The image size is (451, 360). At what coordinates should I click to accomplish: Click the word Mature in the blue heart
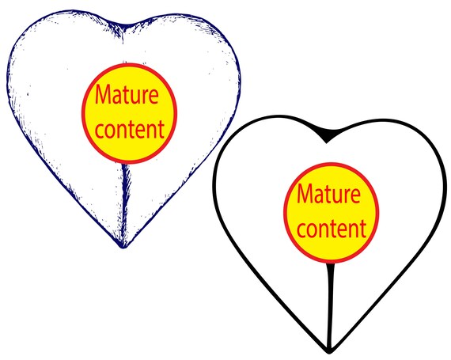tap(127, 95)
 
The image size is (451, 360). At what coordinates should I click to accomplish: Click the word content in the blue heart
tap(130, 129)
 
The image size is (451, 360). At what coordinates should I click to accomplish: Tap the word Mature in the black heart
tap(328, 194)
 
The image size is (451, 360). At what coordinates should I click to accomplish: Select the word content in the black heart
tap(332, 228)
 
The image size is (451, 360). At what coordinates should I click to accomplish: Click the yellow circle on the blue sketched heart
tap(129, 114)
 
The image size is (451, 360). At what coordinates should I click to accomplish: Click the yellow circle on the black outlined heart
tap(332, 213)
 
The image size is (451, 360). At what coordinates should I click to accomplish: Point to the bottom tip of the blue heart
tap(123, 248)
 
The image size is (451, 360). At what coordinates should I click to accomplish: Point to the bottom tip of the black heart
tap(329, 352)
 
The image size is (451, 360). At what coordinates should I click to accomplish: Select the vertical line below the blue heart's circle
tap(125, 205)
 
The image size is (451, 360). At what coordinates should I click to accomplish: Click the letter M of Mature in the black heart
tap(305, 193)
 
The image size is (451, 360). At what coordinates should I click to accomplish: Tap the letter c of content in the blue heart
tap(99, 131)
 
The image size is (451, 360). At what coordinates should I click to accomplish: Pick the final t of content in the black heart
tap(363, 229)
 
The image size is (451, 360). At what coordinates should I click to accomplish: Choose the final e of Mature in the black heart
tap(355, 196)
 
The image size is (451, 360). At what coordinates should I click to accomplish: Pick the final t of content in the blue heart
tap(161, 130)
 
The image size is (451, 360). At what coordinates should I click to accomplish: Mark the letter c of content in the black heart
tap(301, 231)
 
